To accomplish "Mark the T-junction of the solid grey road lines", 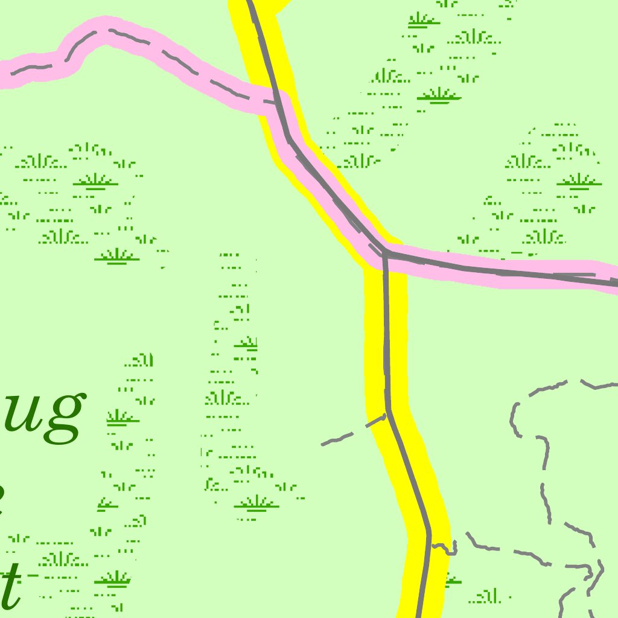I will pos(384,254).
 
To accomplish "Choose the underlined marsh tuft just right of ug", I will pos(123,417).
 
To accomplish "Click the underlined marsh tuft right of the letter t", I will pos(112,579).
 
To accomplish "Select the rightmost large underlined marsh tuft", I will pos(579,180).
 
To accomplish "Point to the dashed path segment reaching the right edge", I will pos(600,384).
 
